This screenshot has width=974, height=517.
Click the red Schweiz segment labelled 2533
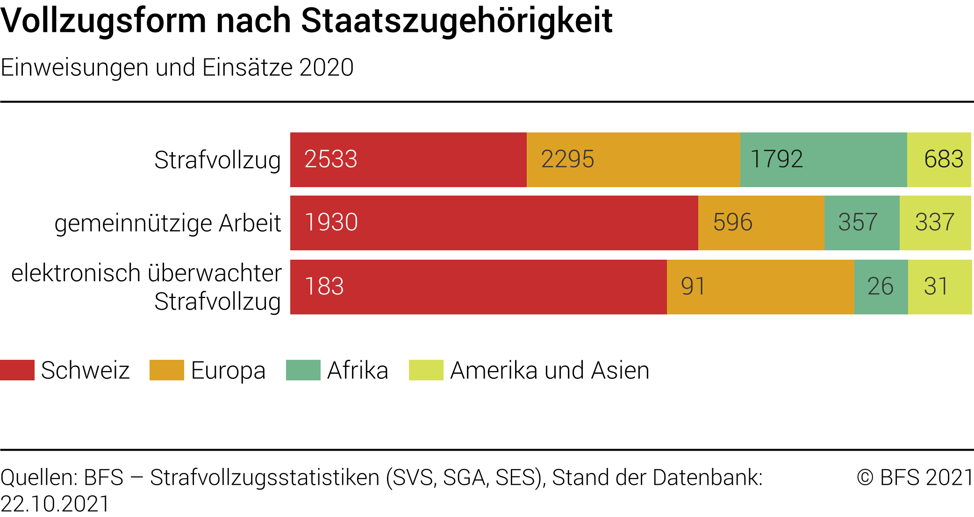click(408, 160)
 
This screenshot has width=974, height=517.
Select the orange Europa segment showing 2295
click(633, 160)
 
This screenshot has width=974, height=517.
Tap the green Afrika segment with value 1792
click(824, 160)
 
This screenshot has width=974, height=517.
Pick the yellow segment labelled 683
click(939, 160)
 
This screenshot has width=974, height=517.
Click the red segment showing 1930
click(494, 223)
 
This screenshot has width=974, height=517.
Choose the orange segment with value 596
click(761, 223)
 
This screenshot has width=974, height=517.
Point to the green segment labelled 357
click(862, 223)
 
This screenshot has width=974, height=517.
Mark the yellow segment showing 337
click(935, 223)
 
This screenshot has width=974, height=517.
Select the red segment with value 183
click(479, 287)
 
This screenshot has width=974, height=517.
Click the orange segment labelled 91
click(760, 287)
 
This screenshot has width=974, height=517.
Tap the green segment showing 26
click(881, 287)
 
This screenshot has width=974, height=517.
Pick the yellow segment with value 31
click(940, 287)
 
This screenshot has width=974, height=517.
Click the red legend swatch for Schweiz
click(17, 370)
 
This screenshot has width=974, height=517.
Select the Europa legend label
click(228, 371)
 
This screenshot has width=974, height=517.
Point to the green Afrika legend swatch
click(303, 370)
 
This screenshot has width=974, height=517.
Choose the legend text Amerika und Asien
click(550, 371)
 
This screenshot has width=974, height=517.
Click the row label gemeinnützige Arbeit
click(168, 223)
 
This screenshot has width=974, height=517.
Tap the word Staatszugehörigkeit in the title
click(457, 21)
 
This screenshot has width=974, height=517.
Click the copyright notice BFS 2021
click(915, 477)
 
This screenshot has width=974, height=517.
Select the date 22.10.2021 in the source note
click(55, 504)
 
